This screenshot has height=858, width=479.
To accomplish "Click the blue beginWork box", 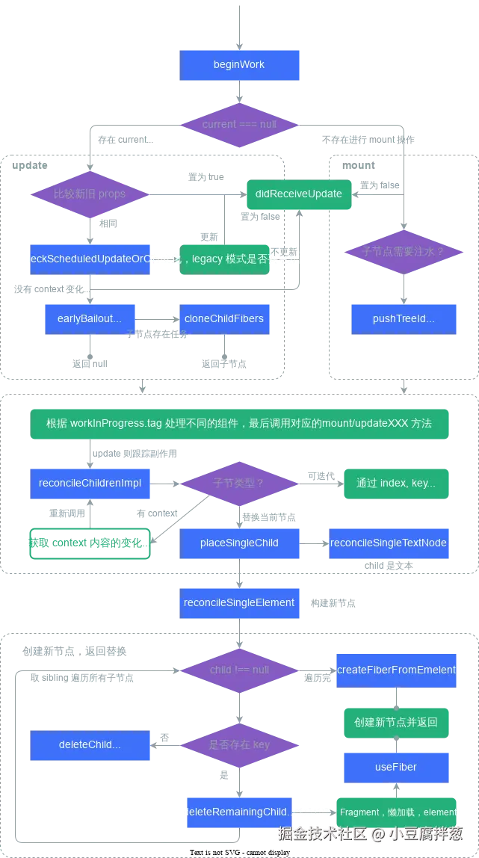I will click(x=240, y=65).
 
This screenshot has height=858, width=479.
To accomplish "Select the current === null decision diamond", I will click(x=239, y=124).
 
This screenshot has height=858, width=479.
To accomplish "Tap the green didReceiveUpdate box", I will click(x=298, y=194).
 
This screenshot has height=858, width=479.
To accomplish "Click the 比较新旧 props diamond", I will click(x=90, y=194).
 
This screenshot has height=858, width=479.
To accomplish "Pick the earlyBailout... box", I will click(x=90, y=318).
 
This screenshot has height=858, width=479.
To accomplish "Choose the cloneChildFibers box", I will click(x=223, y=318).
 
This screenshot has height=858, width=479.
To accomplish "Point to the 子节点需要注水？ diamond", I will click(x=404, y=252).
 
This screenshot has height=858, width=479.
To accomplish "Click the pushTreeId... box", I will click(x=404, y=318).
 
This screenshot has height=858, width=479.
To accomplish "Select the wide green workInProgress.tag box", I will click(x=240, y=423).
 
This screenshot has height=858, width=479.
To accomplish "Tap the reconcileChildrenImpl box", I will click(x=90, y=483).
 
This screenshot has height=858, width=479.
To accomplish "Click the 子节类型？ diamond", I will click(x=239, y=483).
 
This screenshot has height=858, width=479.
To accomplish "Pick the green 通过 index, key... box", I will click(x=396, y=483).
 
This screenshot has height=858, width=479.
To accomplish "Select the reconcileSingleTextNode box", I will click(x=389, y=543).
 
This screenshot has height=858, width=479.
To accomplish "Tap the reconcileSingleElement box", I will click(x=239, y=602).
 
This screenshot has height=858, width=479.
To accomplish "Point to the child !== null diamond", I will click(x=239, y=670).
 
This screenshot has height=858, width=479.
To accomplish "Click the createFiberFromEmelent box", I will click(x=396, y=670).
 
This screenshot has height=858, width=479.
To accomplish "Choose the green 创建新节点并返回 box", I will click(x=396, y=722).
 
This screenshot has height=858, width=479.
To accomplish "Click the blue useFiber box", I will click(x=396, y=767).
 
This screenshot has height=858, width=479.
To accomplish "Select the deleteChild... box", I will click(x=90, y=745).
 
